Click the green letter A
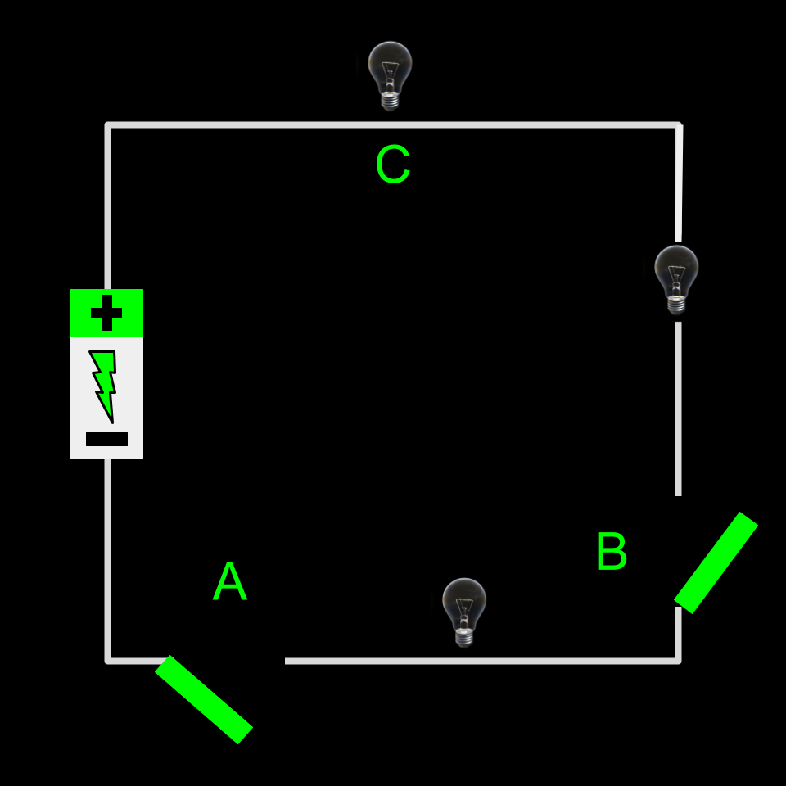229,582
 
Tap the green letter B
611,552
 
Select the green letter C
392,165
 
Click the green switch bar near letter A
204,699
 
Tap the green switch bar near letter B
716,562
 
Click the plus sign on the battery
106,313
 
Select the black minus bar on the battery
106,440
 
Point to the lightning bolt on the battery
104,385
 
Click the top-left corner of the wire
108,125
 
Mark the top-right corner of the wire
678,125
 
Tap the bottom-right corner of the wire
678,659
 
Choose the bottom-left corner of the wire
108,659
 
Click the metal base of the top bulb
391,101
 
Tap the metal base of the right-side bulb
676,305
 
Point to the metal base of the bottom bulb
464,637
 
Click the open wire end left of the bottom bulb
287,660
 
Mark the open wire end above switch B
678,494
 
